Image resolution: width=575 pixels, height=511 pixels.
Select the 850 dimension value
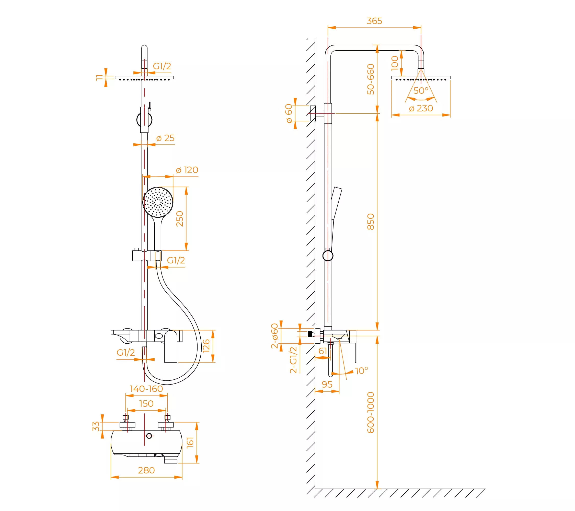pos(371,222)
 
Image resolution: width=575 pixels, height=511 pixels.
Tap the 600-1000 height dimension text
pos(371,413)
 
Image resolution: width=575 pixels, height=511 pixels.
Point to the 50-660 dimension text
pos(371,79)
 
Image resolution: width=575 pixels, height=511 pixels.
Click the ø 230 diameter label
pos(421,108)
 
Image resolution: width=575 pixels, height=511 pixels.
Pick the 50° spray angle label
pos(421,90)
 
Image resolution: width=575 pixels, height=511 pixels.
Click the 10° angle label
pos(362,371)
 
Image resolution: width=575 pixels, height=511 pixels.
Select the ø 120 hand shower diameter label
pos(187,170)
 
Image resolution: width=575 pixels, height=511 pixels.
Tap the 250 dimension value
pos(179,219)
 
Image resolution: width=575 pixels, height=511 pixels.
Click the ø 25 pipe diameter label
pos(165,138)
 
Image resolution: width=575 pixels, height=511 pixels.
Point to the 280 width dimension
pos(146,470)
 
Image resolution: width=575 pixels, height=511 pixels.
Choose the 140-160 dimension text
pos(146,389)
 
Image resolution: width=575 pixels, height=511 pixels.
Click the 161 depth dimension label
pos(190,442)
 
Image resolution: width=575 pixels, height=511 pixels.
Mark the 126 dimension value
pos(206,346)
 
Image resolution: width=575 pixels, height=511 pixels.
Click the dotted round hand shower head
pos(158,202)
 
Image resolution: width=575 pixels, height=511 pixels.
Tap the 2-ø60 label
pos(274,336)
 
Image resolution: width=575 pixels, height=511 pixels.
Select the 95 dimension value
pos(327,385)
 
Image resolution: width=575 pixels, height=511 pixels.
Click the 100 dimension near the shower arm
pos(395,64)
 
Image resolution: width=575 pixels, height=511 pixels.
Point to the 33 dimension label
pos(96,426)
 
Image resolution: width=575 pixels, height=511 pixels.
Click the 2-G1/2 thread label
pos(293,360)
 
